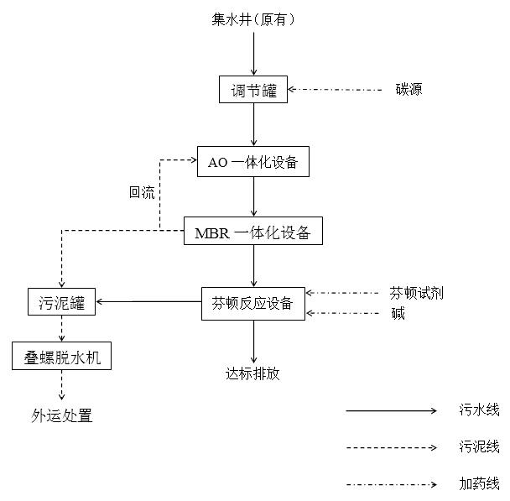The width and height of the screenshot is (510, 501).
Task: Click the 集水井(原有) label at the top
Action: point(253,18)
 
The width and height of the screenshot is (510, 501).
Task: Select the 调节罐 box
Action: point(253,90)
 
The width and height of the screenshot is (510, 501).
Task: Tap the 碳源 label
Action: point(409,89)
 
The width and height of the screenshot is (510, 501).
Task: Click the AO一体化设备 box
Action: point(253,162)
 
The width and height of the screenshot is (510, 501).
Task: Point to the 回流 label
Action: point(142,192)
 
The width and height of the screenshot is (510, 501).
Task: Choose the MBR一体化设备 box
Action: point(252,232)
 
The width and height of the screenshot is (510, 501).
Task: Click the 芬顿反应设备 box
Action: point(252,303)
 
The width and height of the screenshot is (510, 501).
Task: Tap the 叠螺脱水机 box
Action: point(61,357)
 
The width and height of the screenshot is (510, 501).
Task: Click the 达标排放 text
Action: point(252,373)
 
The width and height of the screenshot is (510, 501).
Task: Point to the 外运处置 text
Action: point(61,415)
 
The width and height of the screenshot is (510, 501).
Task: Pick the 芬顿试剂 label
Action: point(416,293)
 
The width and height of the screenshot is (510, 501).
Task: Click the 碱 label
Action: point(398,314)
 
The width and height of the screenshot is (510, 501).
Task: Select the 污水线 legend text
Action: point(479,410)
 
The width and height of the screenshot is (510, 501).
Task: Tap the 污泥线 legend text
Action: point(479,446)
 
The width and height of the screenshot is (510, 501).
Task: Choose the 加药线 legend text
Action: point(479,483)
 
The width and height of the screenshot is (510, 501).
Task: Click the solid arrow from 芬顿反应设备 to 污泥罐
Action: point(148,302)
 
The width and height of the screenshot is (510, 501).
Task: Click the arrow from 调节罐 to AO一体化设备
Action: point(253,125)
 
